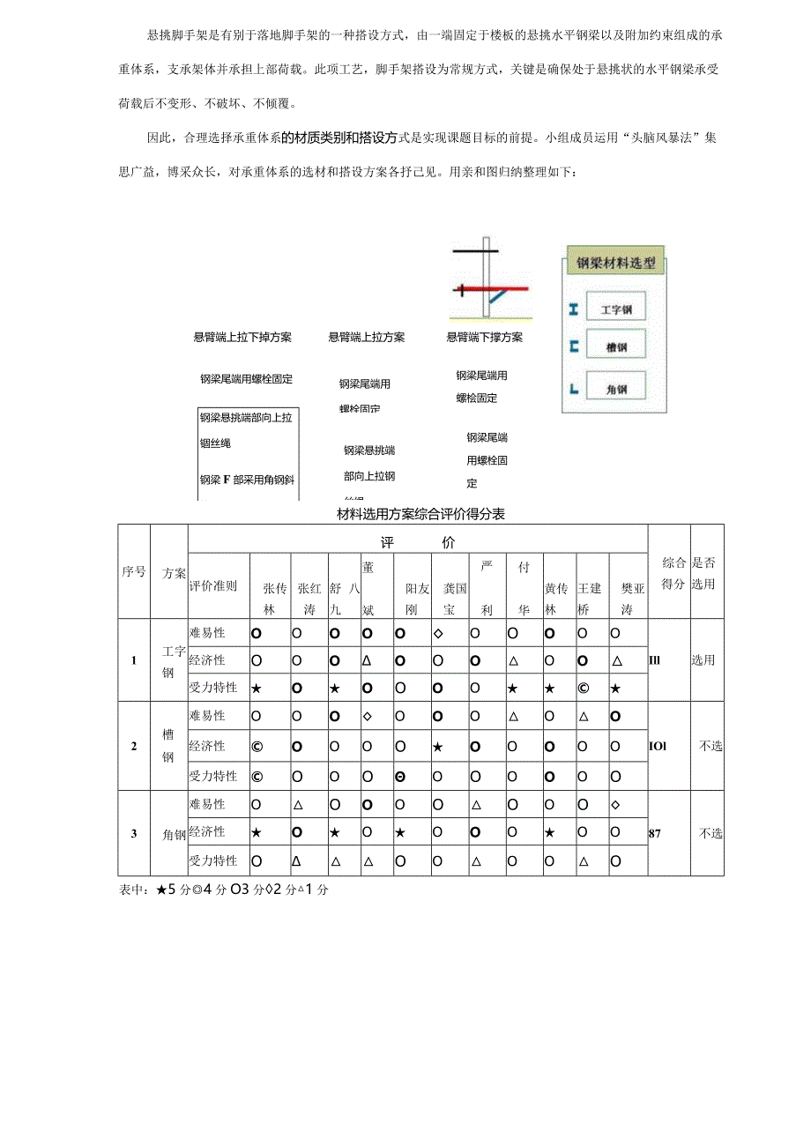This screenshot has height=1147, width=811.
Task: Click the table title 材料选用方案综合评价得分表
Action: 421,514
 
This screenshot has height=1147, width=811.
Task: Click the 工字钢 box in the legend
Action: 616,309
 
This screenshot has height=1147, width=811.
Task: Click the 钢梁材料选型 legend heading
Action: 615,263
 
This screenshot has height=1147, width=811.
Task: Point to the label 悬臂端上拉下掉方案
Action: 242,337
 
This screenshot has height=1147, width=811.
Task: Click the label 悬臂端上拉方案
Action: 367,337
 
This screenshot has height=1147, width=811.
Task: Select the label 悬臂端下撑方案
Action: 485,337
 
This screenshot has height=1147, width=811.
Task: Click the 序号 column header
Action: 134,571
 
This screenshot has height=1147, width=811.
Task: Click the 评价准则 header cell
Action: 212,585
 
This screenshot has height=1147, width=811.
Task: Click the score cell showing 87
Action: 655,832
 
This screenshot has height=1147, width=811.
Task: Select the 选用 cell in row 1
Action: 703,659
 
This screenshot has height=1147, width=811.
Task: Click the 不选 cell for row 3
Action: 711,832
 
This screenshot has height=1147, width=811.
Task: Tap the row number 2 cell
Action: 134,746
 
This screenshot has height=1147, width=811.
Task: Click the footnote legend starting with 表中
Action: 223,890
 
